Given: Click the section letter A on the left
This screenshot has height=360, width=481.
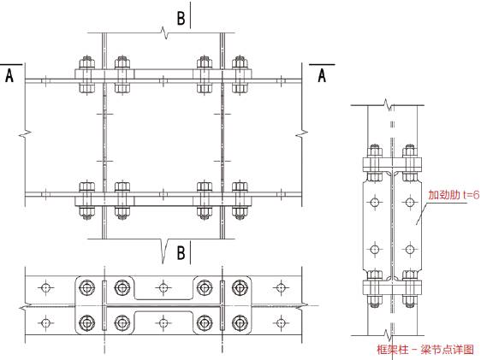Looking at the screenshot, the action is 9,75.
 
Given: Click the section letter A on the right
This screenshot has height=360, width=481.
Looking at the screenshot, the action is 322,75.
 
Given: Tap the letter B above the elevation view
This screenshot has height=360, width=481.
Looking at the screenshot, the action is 181,18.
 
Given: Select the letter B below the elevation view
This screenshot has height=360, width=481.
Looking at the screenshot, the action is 181,253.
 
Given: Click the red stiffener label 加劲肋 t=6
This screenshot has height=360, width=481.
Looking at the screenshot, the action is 454,195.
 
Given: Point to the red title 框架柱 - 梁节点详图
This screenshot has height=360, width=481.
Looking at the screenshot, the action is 425,349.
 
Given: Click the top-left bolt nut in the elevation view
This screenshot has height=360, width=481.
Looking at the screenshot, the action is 86,62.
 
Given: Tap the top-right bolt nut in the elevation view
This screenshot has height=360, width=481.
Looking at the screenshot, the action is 240,62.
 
